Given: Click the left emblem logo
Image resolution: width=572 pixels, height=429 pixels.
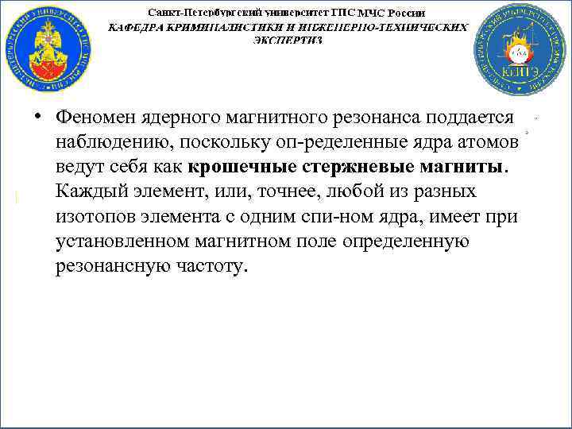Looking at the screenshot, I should (47, 48).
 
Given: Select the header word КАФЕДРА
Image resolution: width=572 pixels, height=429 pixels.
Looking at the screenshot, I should (136, 26).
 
